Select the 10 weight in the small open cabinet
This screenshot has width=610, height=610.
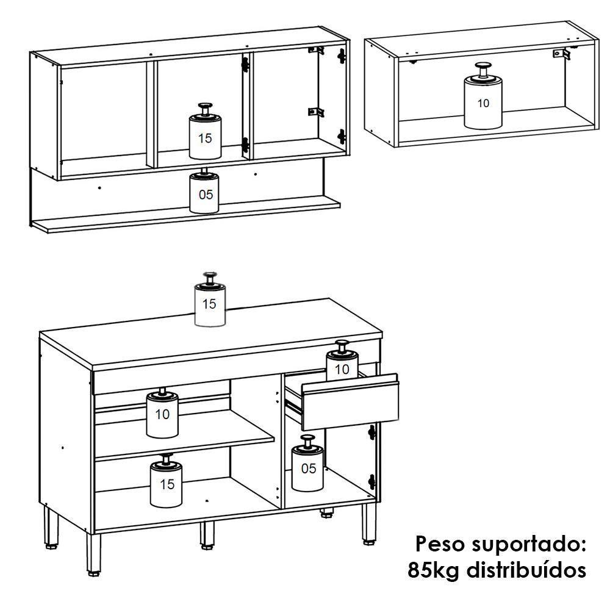[483, 101]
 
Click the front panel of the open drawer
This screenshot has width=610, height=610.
[350, 403]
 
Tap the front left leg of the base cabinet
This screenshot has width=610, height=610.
[93, 552]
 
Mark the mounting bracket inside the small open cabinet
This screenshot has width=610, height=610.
[561, 54]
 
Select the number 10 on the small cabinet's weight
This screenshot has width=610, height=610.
[483, 103]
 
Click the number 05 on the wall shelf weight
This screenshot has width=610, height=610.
[206, 195]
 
